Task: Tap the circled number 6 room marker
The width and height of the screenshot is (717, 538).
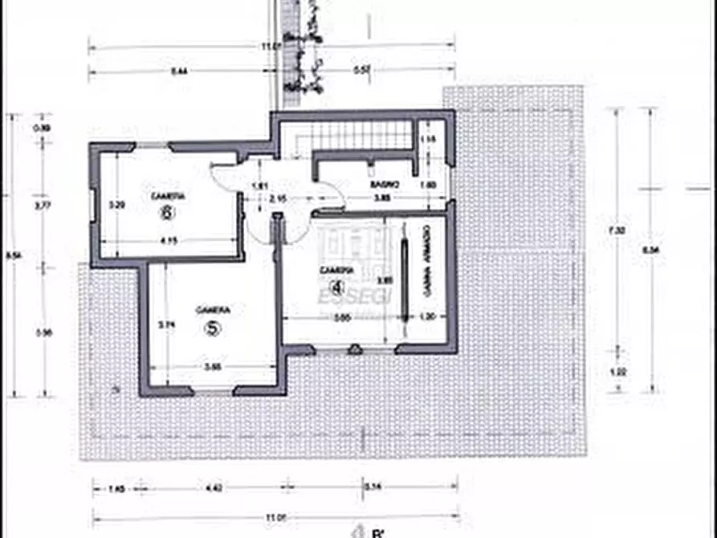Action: pyautogui.click(x=168, y=213)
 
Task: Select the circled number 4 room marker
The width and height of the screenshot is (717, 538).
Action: pyautogui.click(x=337, y=287)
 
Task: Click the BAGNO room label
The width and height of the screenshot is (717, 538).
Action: pyautogui.click(x=380, y=185)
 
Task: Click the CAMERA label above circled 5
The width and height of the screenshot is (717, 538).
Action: pyautogui.click(x=214, y=310)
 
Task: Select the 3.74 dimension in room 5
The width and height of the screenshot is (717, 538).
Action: pyautogui.click(x=166, y=325)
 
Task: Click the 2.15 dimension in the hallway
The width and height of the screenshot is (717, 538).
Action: pyautogui.click(x=279, y=198)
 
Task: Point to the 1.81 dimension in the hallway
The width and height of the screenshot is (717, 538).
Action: pyautogui.click(x=259, y=186)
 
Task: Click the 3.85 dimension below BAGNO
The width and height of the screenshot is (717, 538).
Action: pyautogui.click(x=384, y=198)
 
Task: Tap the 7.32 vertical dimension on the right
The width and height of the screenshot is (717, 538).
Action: pyautogui.click(x=617, y=230)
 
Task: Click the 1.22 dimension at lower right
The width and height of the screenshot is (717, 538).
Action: pyautogui.click(x=617, y=371)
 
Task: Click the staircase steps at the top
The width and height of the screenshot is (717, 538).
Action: pyautogui.click(x=361, y=136)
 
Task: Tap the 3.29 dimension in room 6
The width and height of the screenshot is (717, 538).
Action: pyautogui.click(x=116, y=205)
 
